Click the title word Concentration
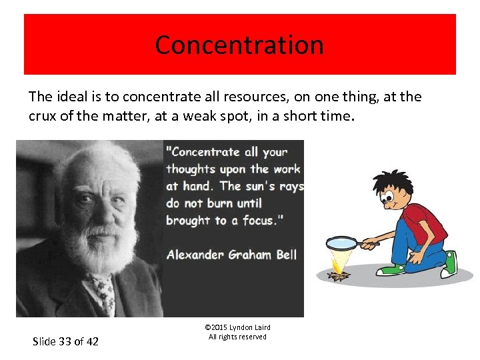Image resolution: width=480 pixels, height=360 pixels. (x=239, y=45)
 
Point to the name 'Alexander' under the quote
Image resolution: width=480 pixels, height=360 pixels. (x=197, y=254)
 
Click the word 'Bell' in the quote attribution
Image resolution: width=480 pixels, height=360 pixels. (x=284, y=254)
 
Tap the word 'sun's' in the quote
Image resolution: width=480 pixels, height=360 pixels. (x=261, y=186)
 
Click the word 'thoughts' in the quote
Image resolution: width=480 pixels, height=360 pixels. (x=191, y=169)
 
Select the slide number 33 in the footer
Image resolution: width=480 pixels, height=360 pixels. (x=65, y=341)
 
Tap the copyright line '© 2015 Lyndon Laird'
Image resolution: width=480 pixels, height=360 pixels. (x=237, y=327)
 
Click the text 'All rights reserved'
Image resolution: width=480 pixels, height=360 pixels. (x=237, y=337)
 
